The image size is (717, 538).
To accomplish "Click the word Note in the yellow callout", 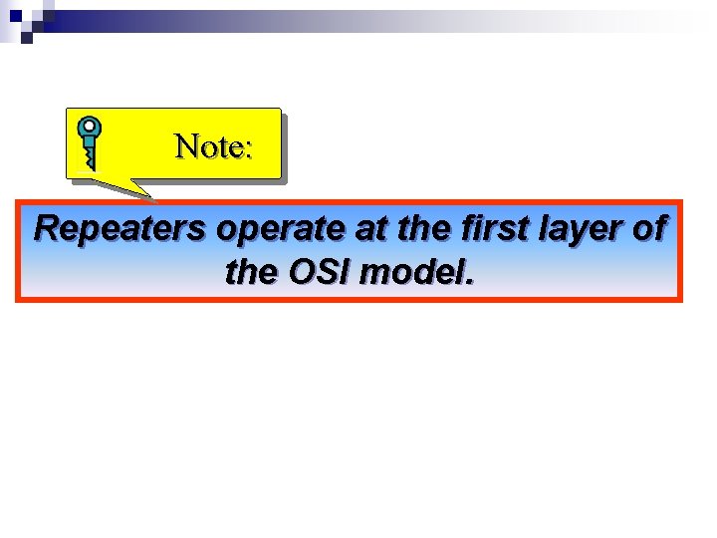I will (207, 147).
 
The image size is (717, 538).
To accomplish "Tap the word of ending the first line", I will (647, 229).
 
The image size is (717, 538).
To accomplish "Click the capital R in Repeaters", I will (46, 229).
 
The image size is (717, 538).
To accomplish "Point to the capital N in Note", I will (186, 147).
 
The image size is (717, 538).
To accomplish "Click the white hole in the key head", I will (90, 128).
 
